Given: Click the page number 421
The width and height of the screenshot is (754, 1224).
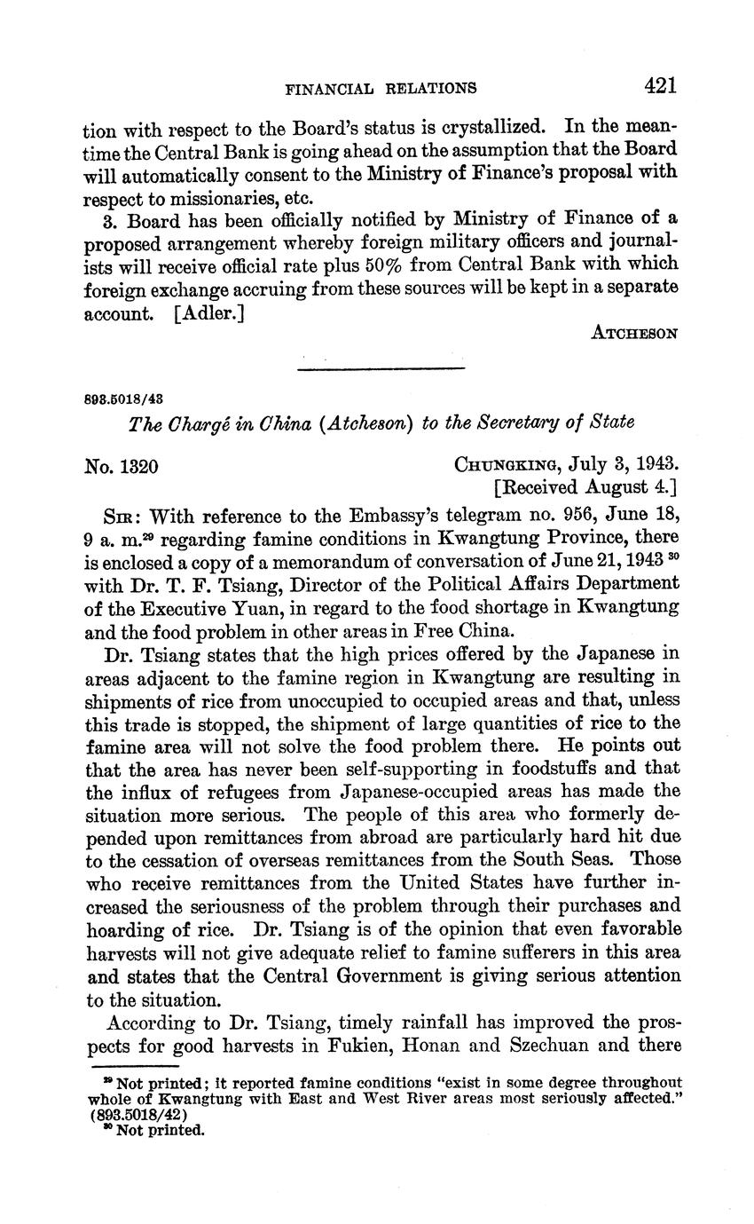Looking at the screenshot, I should [661, 85].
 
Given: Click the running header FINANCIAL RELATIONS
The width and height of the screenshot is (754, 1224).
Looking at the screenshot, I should [381, 88].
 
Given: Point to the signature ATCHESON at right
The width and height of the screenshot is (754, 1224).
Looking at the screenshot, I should [634, 334].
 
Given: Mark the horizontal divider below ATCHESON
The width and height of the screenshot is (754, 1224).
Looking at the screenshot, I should [381, 367].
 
